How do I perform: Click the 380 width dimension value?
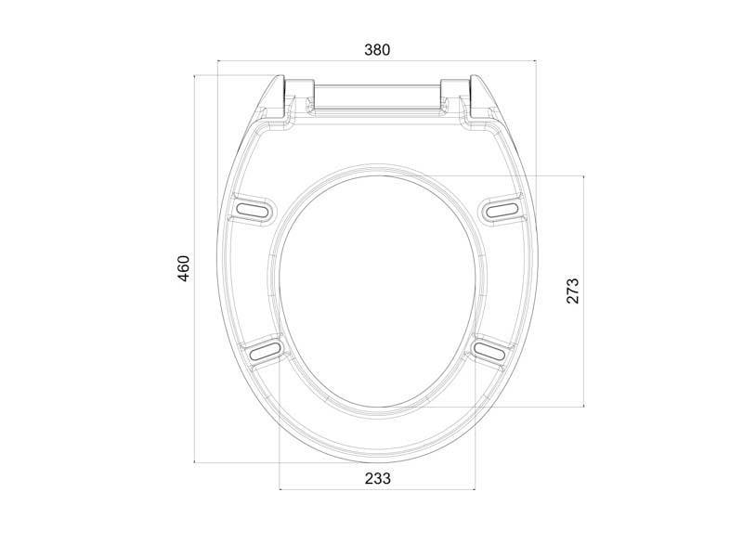(377, 50)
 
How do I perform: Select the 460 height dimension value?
(183, 268)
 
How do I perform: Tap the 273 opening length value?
(573, 291)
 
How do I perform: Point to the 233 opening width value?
(378, 478)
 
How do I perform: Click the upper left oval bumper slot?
(254, 209)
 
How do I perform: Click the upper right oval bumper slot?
(502, 209)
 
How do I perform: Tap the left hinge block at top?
(298, 95)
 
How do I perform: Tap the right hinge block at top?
(456, 95)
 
